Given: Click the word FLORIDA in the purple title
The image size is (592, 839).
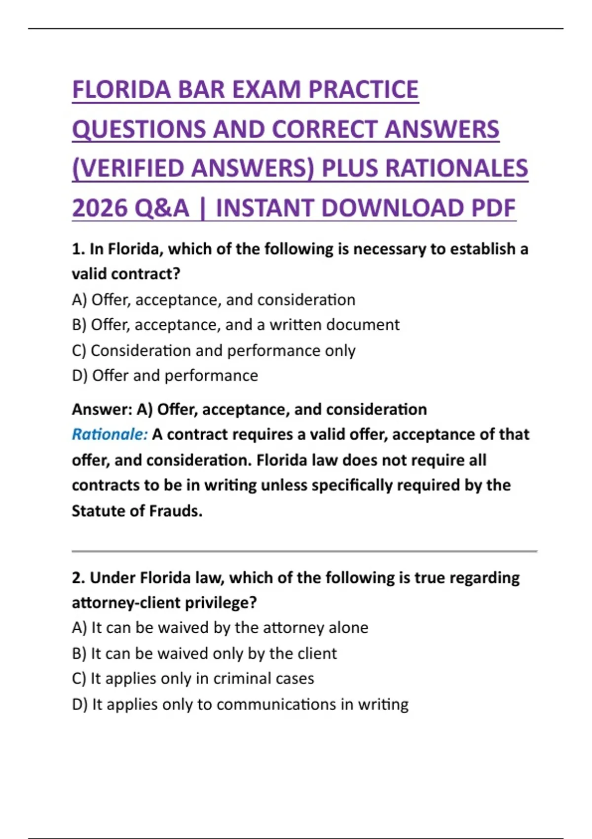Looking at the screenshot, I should coord(121,90).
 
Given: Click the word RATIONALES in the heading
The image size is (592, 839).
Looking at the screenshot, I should coord(456,168).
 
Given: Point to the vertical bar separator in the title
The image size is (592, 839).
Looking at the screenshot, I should coord(202,208).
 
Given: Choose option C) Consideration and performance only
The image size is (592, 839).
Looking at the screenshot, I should coord(213,350).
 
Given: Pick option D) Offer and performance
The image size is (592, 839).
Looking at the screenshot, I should coord(165,376).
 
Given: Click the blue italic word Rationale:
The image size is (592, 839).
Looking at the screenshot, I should coord(110,434).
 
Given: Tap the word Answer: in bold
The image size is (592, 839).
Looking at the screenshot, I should coord(102,410).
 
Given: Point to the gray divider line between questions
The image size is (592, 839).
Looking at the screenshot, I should coord(304,551).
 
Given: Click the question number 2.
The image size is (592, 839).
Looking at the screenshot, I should coord(77,578).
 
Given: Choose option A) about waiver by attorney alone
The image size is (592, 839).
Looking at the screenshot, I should coord(220,628).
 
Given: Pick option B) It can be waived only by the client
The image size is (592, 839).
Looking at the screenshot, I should coord(204,653).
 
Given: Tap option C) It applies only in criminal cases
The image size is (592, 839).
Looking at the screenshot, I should coord(193,679).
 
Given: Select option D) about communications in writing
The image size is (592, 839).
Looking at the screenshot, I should coord(240,704).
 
